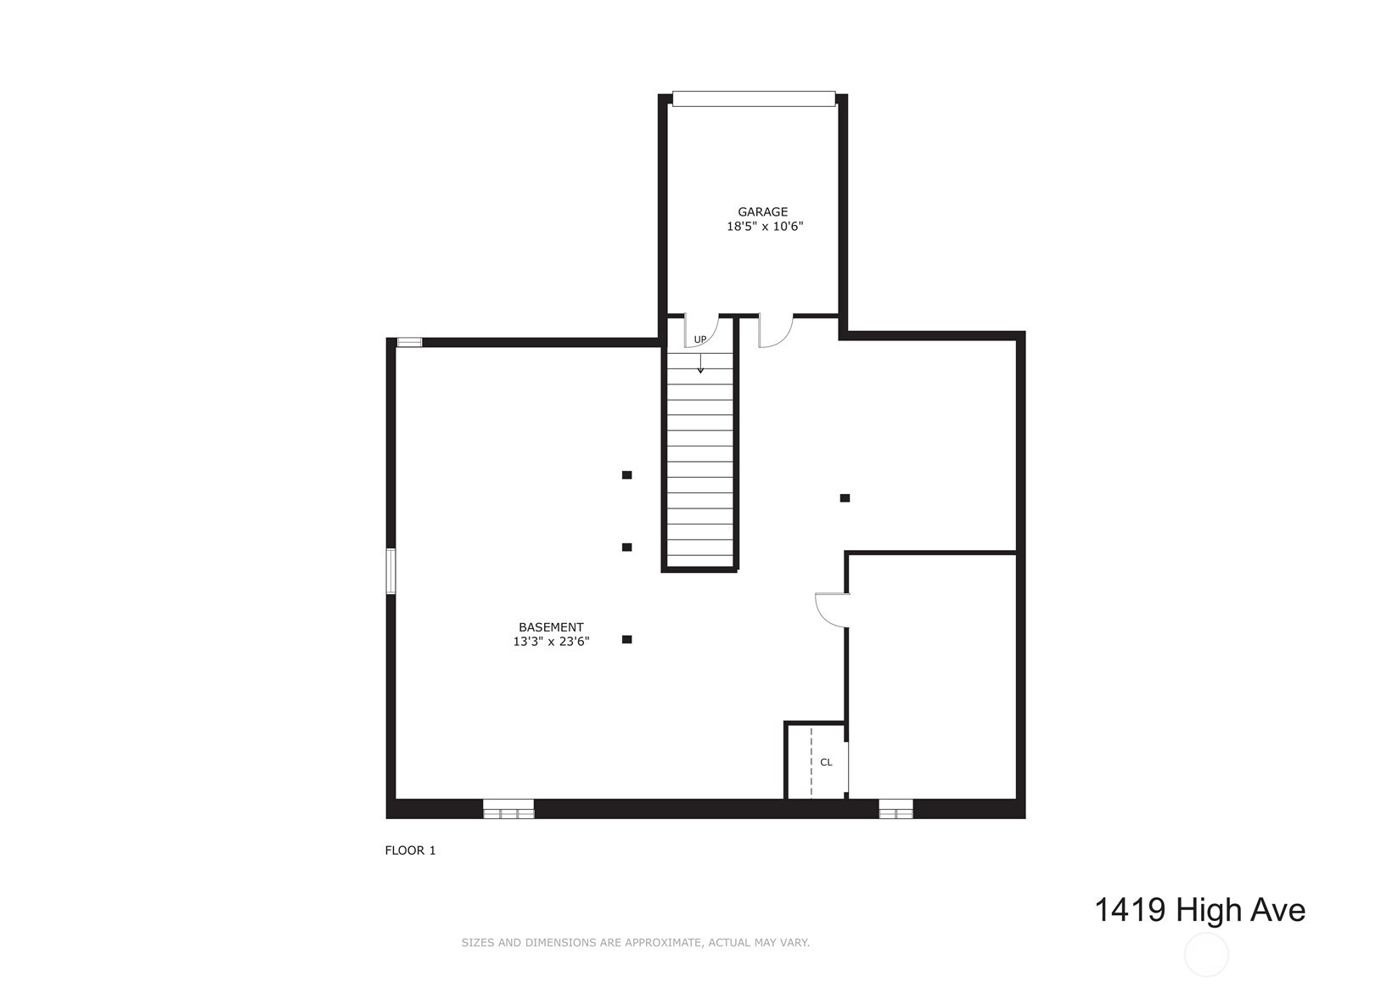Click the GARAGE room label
click(762, 212)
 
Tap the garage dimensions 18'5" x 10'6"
click(764, 227)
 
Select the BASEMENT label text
click(551, 627)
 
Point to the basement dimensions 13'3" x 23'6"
click(551, 642)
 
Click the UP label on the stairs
click(699, 340)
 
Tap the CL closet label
click(826, 762)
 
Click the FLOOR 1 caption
click(410, 850)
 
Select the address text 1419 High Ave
click(1199, 910)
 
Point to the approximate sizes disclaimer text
click(635, 942)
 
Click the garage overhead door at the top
click(754, 98)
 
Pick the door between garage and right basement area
click(775, 330)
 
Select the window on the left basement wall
click(391, 571)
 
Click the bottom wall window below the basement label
click(508, 809)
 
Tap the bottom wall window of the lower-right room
click(896, 809)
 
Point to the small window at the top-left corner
click(409, 342)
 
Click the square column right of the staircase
click(845, 498)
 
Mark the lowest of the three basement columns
click(626, 639)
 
